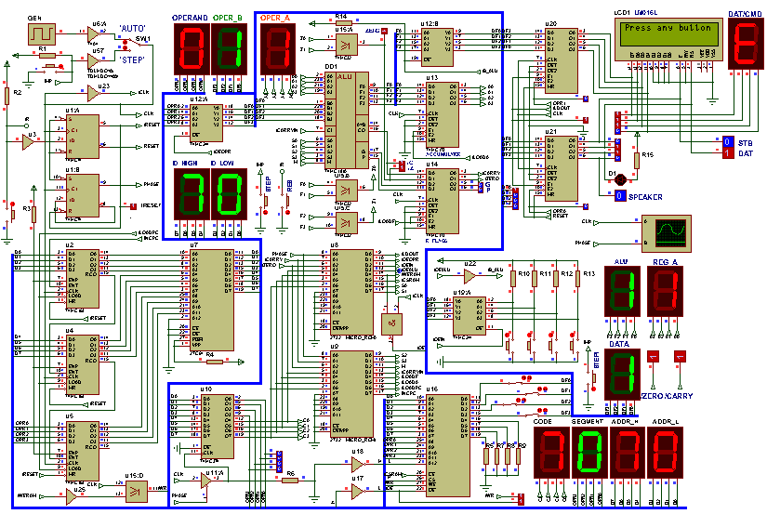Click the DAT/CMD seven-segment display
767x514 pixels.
click(x=746, y=44)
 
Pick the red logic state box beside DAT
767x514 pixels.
click(x=727, y=153)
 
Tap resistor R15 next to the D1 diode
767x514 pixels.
click(x=637, y=160)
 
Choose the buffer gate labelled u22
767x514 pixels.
click(x=469, y=273)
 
